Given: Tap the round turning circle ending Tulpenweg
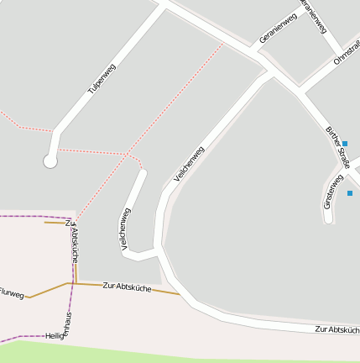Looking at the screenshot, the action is pyautogui.click(x=50, y=160).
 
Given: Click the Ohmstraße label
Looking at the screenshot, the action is pyautogui.click(x=347, y=52).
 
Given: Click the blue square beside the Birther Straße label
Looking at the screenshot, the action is pyautogui.click(x=344, y=144).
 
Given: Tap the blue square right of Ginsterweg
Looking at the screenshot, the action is pyautogui.click(x=350, y=193).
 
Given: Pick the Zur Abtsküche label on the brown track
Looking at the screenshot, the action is pyautogui.click(x=127, y=287).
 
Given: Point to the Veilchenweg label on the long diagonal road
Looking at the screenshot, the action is pyautogui.click(x=189, y=165).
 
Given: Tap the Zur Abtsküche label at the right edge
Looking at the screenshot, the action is pyautogui.click(x=337, y=329).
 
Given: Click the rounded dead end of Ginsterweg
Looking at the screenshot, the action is pyautogui.click(x=329, y=219).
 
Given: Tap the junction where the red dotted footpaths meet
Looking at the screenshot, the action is pyautogui.click(x=128, y=154).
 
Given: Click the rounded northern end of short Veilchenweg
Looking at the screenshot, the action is pyautogui.click(x=142, y=174).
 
